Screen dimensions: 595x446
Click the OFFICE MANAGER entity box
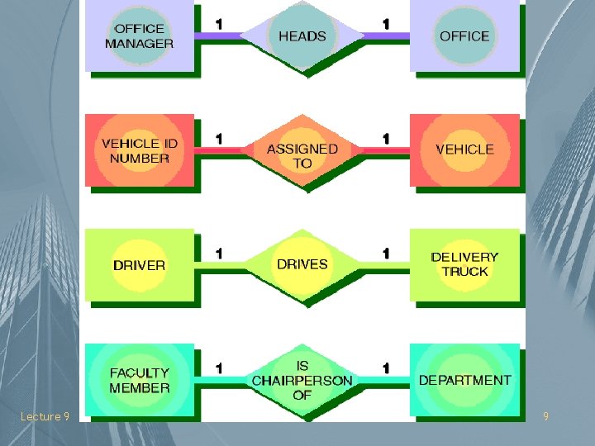coord(139,36)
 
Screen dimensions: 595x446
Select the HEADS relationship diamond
coord(302,36)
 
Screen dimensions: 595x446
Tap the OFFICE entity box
coord(464,36)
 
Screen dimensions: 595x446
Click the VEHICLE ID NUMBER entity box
coord(139,149)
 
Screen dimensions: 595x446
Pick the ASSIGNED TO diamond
coord(302,155)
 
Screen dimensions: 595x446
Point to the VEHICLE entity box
coord(464,149)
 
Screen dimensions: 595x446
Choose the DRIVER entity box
coord(139,264)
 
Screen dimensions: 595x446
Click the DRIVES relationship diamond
coord(302,264)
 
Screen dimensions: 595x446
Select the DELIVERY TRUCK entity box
coord(464,264)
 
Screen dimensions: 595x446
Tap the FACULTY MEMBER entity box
coord(139,380)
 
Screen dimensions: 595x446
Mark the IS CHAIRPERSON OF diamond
coord(302,380)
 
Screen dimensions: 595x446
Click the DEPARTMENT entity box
coord(464,380)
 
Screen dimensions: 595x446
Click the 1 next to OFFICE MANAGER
coord(218,24)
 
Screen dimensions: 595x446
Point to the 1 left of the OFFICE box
coord(385,24)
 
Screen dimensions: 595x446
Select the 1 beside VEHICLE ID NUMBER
coord(218,138)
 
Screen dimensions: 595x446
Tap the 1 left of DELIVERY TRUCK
coord(385,253)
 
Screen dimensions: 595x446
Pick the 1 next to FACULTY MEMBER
coord(218,368)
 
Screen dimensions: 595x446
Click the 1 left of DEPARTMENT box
coord(385,368)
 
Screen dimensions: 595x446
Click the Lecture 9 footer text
coord(45,417)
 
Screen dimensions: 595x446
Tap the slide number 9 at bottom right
coord(545,417)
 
